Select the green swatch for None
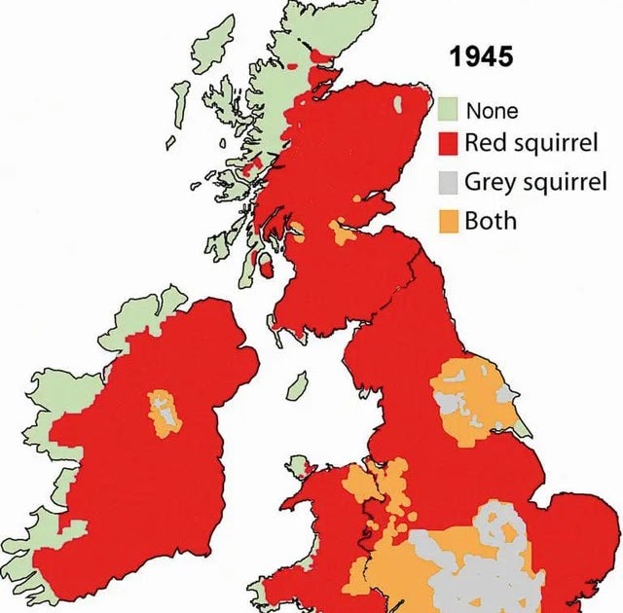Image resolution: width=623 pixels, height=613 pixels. click(x=447, y=109)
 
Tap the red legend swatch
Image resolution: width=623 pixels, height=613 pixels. click(x=447, y=144)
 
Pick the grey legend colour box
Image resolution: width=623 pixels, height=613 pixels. click(x=447, y=181)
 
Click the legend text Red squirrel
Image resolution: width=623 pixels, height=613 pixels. click(x=530, y=144)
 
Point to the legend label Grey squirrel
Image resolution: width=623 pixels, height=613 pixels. click(x=535, y=181)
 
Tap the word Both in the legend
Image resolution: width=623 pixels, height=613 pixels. click(x=490, y=219)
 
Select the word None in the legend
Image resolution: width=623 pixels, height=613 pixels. click(x=492, y=110)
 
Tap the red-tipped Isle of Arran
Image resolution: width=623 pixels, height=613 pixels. click(x=261, y=260)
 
